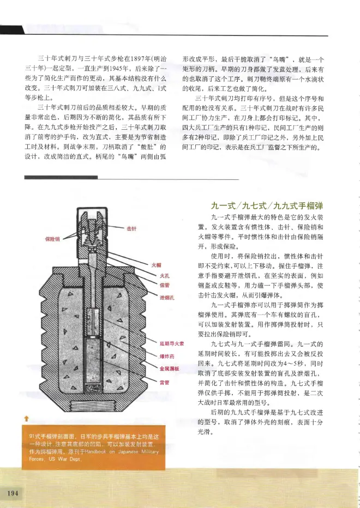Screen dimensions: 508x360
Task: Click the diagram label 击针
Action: click(x=131, y=228)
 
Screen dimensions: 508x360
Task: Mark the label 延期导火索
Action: click(x=170, y=344)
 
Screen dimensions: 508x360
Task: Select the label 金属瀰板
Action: click(x=167, y=368)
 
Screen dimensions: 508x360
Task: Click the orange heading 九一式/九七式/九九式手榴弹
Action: click(x=267, y=205)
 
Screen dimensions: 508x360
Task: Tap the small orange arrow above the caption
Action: click(x=26, y=419)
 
